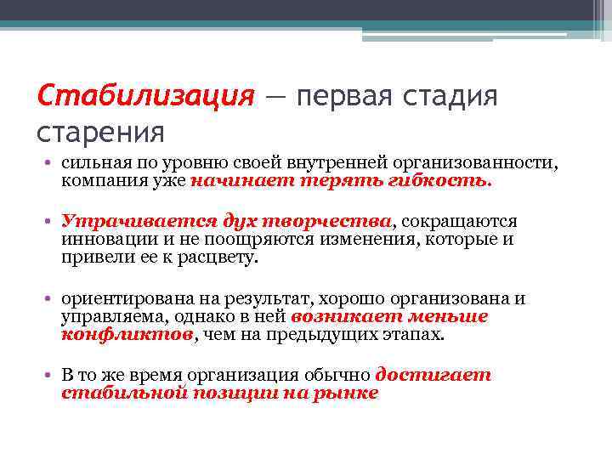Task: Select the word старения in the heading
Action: coord(100,131)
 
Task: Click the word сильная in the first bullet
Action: coord(93,161)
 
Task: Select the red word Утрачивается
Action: coord(122,221)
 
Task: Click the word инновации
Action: coord(104,240)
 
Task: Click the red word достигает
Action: coord(433,375)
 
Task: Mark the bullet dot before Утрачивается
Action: coord(51,221)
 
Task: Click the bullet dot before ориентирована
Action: coord(51,298)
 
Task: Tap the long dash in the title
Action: coord(277,94)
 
